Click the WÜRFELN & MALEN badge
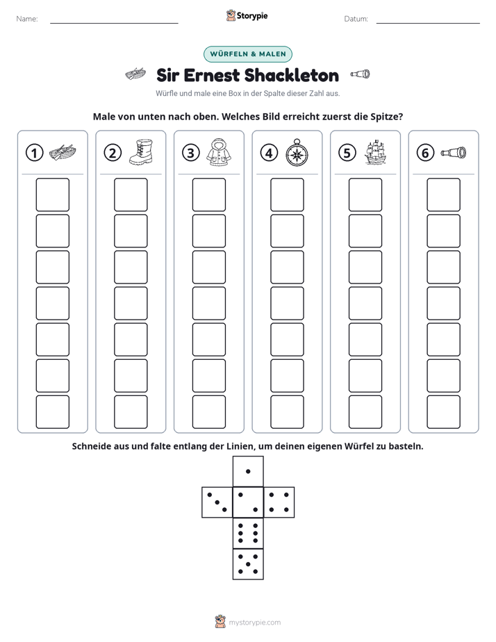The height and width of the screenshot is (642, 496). (248, 54)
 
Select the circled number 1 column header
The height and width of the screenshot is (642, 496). (34, 153)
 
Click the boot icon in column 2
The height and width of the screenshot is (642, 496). (141, 152)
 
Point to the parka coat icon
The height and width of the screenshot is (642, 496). (219, 152)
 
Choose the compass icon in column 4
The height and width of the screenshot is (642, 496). (297, 153)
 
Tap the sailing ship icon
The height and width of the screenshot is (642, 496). (375, 152)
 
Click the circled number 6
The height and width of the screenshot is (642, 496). (425, 153)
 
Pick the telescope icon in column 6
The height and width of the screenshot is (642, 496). (454, 152)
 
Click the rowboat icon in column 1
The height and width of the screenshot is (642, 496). (63, 152)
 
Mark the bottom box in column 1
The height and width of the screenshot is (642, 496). (53, 412)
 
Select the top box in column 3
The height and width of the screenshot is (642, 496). (209, 195)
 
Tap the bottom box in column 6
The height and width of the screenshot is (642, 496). (444, 412)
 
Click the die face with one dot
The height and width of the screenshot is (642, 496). (248, 471)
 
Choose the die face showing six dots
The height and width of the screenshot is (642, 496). (248, 533)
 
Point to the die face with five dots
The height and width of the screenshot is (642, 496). (248, 563)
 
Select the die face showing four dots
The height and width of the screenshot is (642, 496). (279, 502)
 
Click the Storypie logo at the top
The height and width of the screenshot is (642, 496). (247, 16)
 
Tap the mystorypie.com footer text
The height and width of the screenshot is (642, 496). (254, 623)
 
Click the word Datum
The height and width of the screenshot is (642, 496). (356, 19)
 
